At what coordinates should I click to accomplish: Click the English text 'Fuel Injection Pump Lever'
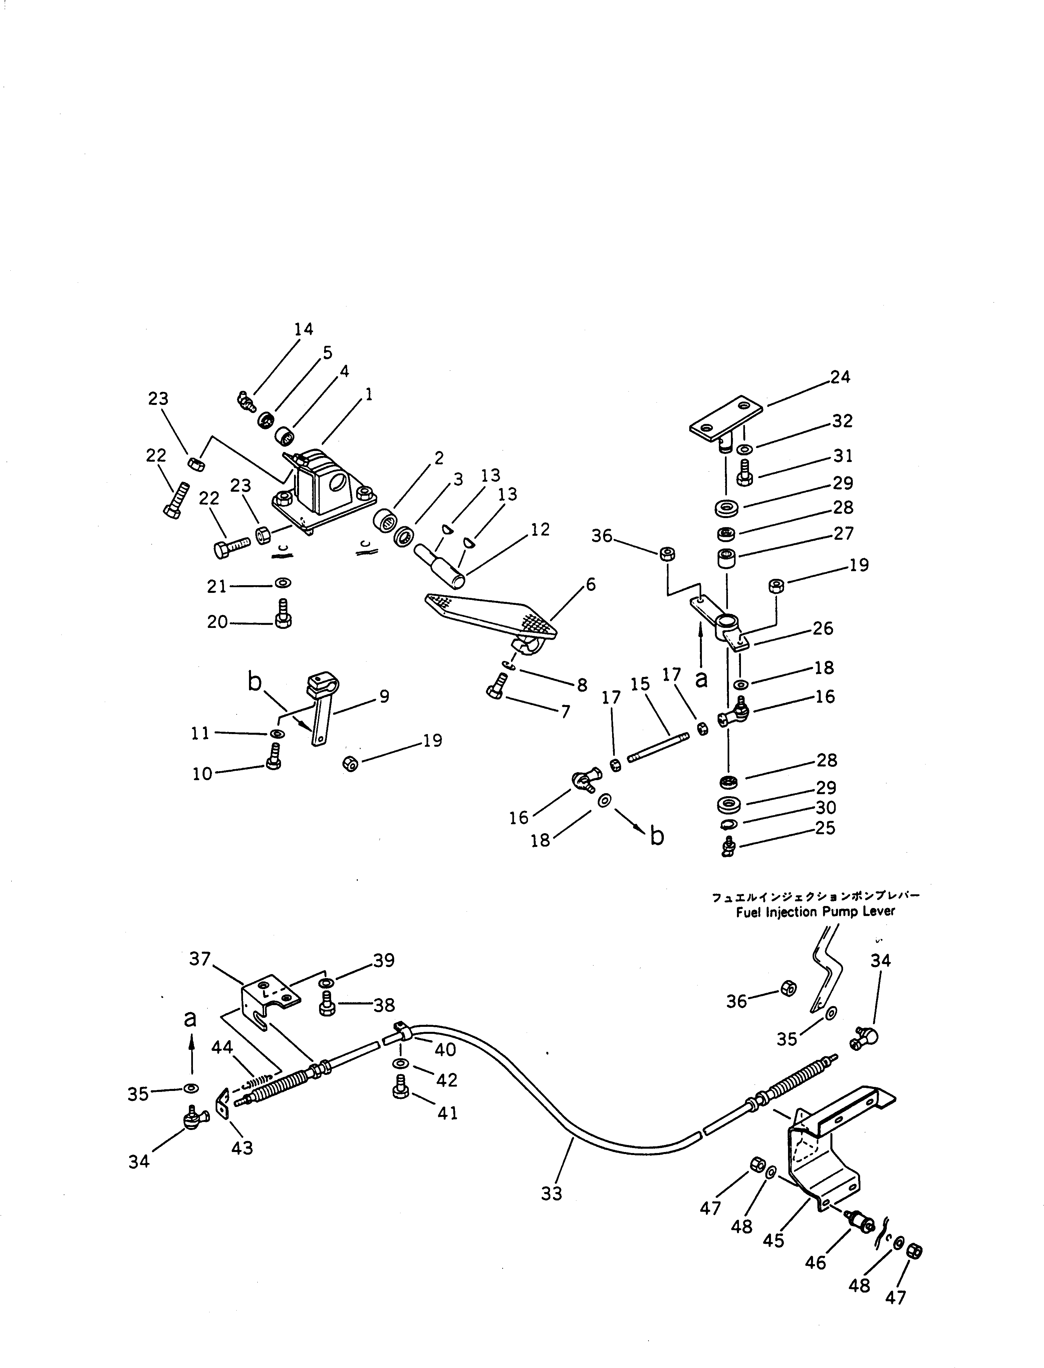coord(815,912)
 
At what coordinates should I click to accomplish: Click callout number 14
coord(303,329)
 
